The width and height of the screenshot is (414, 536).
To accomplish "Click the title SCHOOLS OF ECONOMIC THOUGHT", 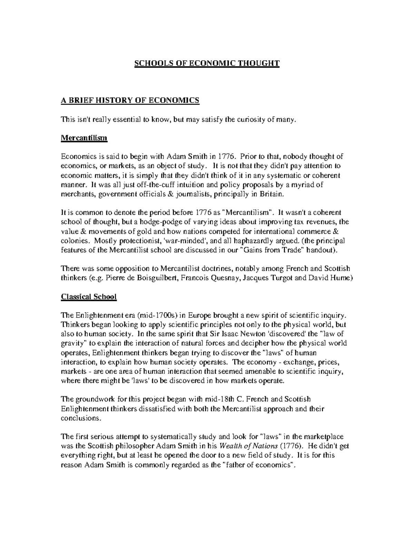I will click(206, 63).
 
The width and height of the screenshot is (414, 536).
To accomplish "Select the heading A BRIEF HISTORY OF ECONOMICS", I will click(130, 100).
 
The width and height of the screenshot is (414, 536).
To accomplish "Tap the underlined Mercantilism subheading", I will click(84, 138).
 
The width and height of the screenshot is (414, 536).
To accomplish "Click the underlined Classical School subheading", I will click(89, 296).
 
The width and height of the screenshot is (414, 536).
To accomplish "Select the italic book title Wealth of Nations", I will click(248, 446).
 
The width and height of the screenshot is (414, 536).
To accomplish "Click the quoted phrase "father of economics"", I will click(259, 465).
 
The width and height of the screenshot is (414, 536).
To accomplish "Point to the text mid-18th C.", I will click(219, 399).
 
